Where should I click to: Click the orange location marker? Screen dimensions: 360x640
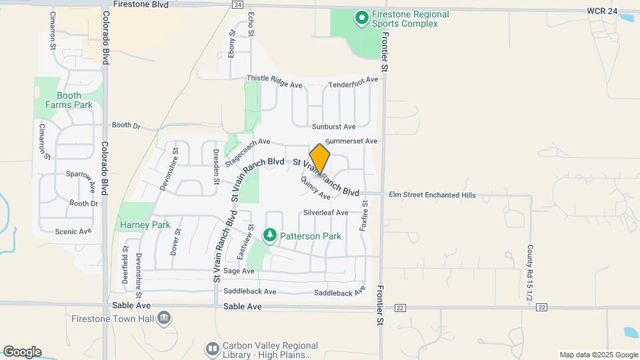[x=320, y=159]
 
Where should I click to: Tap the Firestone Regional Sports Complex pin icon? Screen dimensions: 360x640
[x=362, y=18]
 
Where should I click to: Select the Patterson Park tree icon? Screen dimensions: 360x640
[x=270, y=235]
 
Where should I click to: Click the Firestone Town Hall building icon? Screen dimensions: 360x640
[x=164, y=319]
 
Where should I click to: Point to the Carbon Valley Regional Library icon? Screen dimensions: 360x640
[x=212, y=349]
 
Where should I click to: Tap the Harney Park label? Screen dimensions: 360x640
[x=145, y=225]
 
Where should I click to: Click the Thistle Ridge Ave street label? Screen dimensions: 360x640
[x=275, y=79]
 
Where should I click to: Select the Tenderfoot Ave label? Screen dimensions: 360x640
[x=353, y=80]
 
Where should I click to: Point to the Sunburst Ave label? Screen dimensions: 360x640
[x=333, y=126]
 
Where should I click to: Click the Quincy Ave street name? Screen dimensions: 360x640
[x=315, y=188]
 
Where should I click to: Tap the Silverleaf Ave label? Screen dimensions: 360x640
[x=325, y=213]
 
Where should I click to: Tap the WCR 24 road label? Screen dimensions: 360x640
[x=603, y=11]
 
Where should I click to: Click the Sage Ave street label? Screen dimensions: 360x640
[x=239, y=271]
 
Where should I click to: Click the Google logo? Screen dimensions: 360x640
[x=22, y=351]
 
